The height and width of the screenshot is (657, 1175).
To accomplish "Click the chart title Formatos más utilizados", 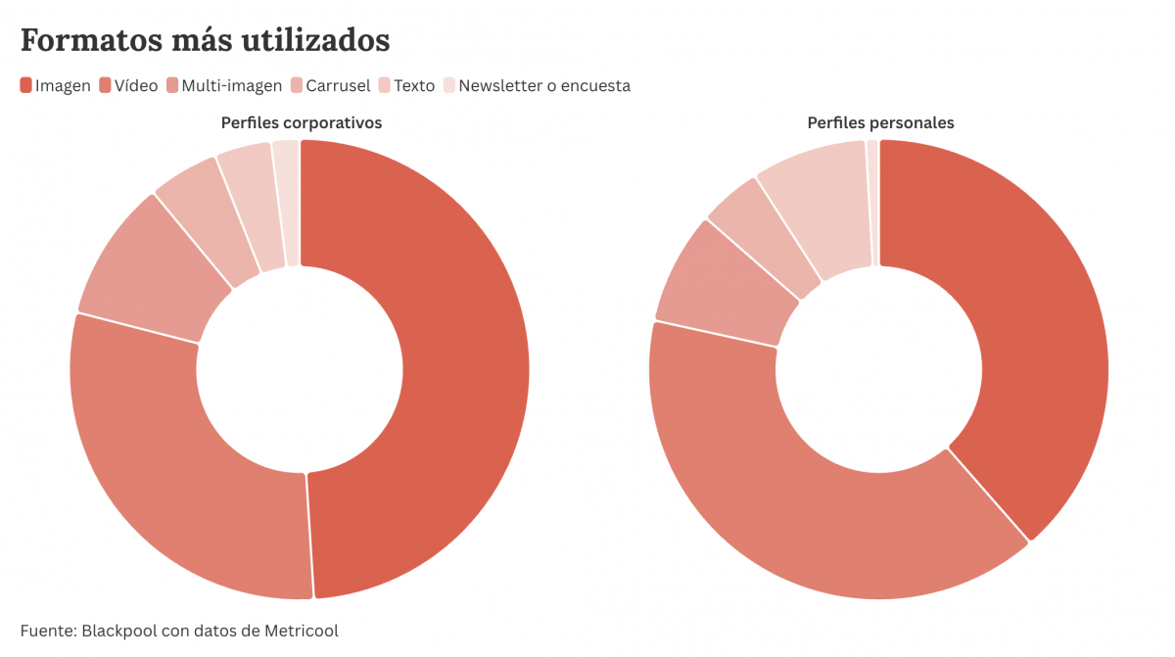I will tap(205, 40).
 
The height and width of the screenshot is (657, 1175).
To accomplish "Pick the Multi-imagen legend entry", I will tap(231, 85).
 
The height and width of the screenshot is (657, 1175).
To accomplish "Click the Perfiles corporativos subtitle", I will tap(301, 122).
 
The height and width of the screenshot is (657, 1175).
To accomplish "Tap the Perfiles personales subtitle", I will tap(880, 122).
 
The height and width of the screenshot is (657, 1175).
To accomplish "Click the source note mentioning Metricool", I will tap(179, 631).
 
